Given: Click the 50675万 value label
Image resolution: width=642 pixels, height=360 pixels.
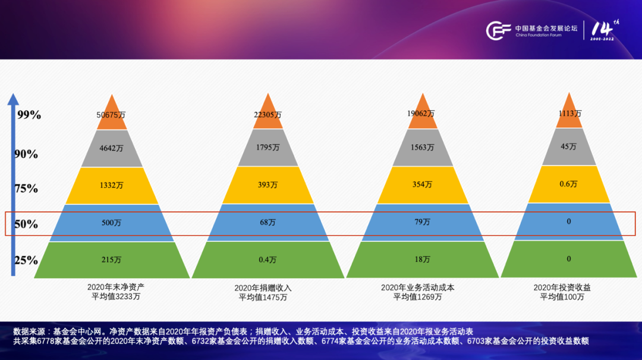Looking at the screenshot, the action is tap(111, 115).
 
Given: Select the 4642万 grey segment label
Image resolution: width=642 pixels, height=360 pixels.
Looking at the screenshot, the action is tap(111, 148).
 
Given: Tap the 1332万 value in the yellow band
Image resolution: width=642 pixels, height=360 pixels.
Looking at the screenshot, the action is tap(111, 185).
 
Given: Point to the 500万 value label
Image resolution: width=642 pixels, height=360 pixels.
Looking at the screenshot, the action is tap(111, 223).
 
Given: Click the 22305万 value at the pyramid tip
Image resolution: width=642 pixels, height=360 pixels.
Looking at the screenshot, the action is tap(267, 115).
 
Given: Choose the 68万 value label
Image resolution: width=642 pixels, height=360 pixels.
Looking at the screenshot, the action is tap(267, 222).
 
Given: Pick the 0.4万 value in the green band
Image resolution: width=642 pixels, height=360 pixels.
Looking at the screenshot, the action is tap(267, 260).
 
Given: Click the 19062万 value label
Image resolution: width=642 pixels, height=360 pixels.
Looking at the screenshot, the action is tap(421, 113).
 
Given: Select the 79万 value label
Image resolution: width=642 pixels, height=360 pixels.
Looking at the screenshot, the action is tap(422, 222).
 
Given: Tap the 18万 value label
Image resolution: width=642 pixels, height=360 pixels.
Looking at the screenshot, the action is tap(422, 260).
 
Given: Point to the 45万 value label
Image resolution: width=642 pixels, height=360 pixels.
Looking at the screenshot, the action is tap(568, 147).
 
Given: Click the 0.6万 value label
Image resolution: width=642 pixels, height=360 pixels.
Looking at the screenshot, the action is tap(568, 184).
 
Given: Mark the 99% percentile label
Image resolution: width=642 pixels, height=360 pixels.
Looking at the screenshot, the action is tap(29, 115).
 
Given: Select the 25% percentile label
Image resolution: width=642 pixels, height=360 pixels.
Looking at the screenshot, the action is tap(26, 261).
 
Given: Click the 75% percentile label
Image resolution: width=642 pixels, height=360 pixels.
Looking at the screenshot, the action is tap(26, 188).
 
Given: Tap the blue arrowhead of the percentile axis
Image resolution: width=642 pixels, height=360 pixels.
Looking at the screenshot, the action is tap(13, 99).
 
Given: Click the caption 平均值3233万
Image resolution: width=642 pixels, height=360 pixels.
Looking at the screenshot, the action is tap(116, 296).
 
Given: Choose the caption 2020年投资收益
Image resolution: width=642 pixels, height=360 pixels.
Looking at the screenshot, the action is tap(562, 288).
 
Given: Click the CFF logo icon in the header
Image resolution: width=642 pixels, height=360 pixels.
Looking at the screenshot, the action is tap(498, 30).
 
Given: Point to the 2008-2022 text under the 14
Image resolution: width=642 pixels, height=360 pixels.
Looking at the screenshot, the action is tap(602, 39).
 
